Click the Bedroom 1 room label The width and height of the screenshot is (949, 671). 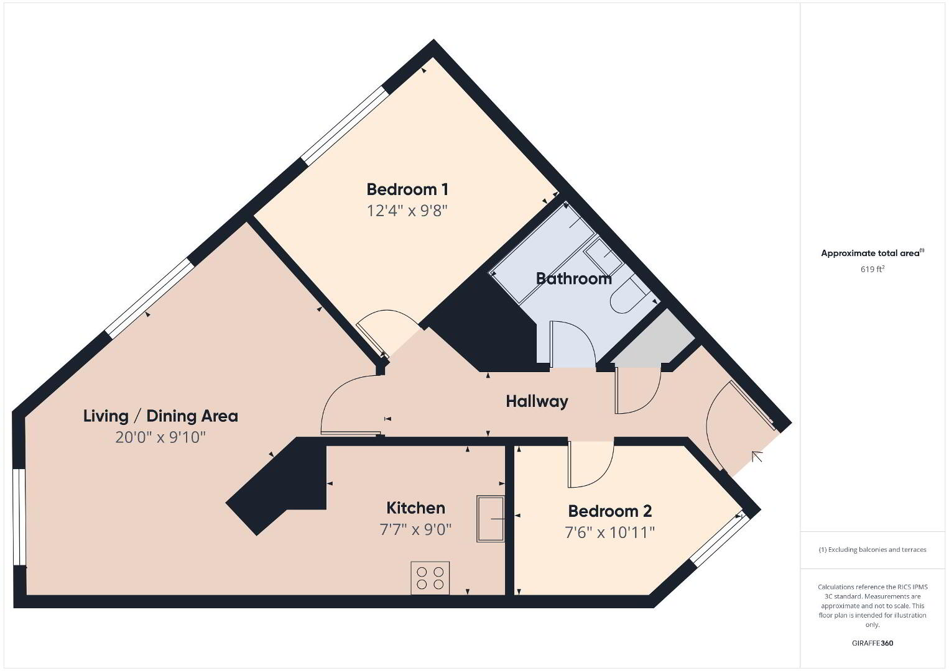point(407,189)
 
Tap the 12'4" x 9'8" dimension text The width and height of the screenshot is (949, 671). point(407,210)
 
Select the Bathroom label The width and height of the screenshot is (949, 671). point(573,278)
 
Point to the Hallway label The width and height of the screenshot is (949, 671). point(537,401)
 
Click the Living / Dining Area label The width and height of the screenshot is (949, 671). point(160,416)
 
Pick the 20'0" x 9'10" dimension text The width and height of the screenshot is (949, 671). point(160,437)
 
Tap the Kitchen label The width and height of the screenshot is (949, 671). point(415,508)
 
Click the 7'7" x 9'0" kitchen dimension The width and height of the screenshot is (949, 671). point(415,529)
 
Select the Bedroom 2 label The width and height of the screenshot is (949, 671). point(609,511)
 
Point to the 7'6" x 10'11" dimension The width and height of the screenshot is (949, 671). point(609,532)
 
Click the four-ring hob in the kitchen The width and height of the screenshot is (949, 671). point(430,578)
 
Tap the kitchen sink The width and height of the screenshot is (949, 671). point(491,519)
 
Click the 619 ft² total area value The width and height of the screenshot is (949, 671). point(873,269)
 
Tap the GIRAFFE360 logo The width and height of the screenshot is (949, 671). point(873,643)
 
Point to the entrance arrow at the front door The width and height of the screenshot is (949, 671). point(757,457)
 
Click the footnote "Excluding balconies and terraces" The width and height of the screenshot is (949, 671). point(873,549)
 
